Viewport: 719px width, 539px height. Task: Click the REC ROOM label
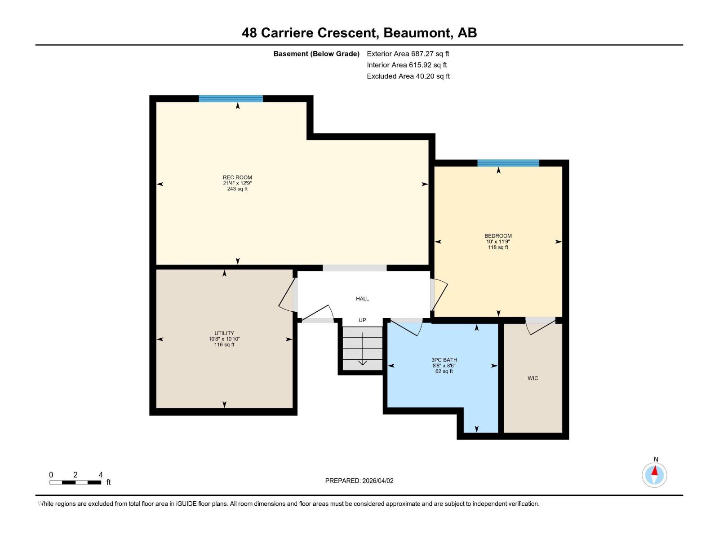(x=237, y=177)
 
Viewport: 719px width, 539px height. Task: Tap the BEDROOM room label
(x=498, y=236)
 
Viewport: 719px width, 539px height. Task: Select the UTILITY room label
(x=224, y=333)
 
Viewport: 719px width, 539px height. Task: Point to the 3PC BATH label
(x=444, y=360)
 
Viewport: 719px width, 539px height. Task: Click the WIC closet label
(x=533, y=378)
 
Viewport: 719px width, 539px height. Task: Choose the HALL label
(x=362, y=298)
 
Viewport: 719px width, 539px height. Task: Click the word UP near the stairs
(x=362, y=320)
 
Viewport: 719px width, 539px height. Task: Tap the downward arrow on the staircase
(x=363, y=349)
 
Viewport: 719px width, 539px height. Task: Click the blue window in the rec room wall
(x=231, y=98)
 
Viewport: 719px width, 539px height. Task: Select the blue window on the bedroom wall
(x=508, y=163)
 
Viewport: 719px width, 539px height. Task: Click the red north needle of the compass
(x=654, y=471)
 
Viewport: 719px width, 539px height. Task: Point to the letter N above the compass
(x=656, y=459)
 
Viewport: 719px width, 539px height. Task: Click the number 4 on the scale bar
(x=101, y=474)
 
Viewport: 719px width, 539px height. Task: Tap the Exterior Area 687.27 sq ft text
(x=408, y=53)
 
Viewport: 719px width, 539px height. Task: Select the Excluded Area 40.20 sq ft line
(x=408, y=76)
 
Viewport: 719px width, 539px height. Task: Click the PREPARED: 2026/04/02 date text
(x=359, y=481)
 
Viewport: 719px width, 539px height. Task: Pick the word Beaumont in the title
(x=416, y=33)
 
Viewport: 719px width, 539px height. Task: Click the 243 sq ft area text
(x=237, y=189)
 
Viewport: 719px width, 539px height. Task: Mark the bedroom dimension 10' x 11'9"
(x=498, y=242)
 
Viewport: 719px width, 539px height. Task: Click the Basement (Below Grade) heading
(x=316, y=53)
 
